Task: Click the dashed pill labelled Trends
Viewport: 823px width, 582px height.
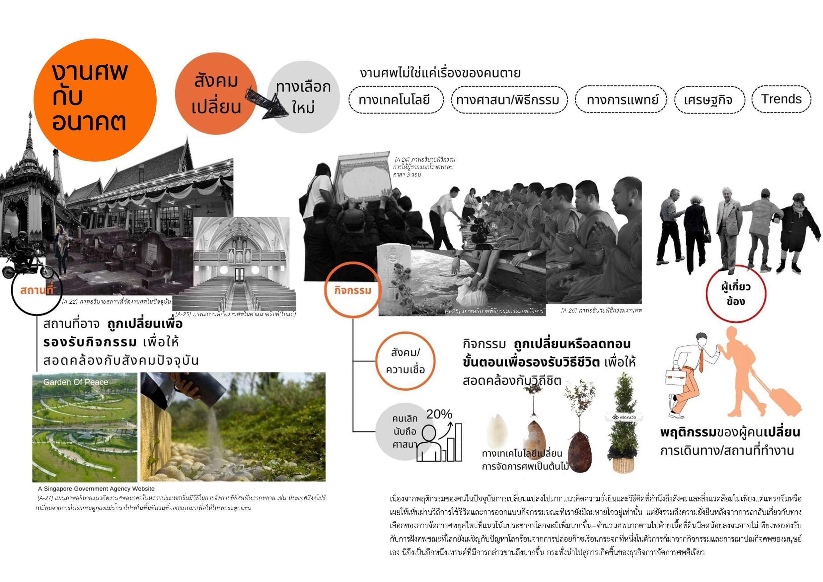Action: click(x=782, y=99)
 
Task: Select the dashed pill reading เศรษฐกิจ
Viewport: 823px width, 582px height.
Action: click(x=710, y=100)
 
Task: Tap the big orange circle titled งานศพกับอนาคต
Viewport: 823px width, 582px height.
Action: click(x=95, y=100)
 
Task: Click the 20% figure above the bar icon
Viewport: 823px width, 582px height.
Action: click(x=439, y=414)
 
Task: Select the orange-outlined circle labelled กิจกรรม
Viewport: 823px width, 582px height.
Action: click(x=352, y=290)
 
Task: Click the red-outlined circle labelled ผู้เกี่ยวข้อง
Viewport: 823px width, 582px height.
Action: click(x=735, y=294)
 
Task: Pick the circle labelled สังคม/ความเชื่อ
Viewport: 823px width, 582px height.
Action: click(x=405, y=361)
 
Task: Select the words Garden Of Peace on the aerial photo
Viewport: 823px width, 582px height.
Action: click(x=76, y=382)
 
